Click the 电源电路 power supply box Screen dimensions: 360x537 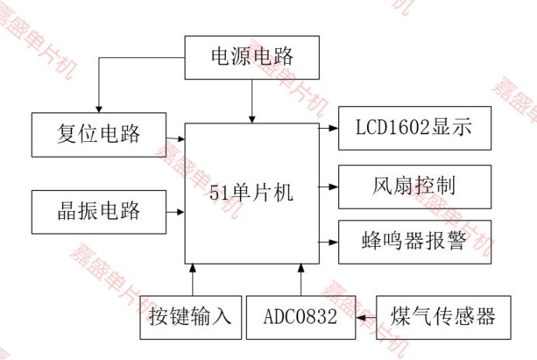252,57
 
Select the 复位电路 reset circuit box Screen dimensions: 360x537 99,134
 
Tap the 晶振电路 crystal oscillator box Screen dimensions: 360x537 99,211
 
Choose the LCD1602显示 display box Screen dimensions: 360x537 414,128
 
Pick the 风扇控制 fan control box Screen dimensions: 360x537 414,186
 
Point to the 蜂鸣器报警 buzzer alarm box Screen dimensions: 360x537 414,241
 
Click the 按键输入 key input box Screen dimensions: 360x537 190,317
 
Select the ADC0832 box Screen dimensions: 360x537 300,317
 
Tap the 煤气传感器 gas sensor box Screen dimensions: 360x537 443,317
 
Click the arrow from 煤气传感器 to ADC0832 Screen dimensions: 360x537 366,317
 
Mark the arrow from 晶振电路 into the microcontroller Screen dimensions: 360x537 175,211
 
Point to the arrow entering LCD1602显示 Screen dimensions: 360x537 329,128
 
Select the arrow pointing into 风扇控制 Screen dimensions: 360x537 329,186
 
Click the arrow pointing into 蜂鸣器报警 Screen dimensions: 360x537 329,241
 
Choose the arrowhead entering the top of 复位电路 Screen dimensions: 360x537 99,107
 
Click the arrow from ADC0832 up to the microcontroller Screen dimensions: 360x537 301,279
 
